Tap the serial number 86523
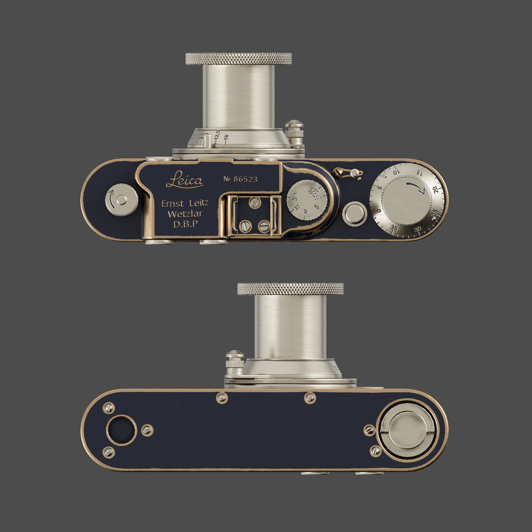pyautogui.click(x=245, y=179)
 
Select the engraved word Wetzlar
pyautogui.click(x=185, y=214)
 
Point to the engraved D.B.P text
pyautogui.click(x=185, y=224)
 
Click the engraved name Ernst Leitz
pyautogui.click(x=185, y=203)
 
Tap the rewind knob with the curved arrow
pyautogui.click(x=122, y=200)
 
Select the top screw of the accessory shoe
pyautogui.click(x=255, y=203)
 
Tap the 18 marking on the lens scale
pyautogui.click(x=226, y=137)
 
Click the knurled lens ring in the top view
pyautogui.click(x=238, y=59)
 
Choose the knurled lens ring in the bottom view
pyautogui.click(x=290, y=289)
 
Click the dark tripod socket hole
pyautogui.click(x=121, y=430)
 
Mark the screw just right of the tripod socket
pyautogui.click(x=147, y=430)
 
